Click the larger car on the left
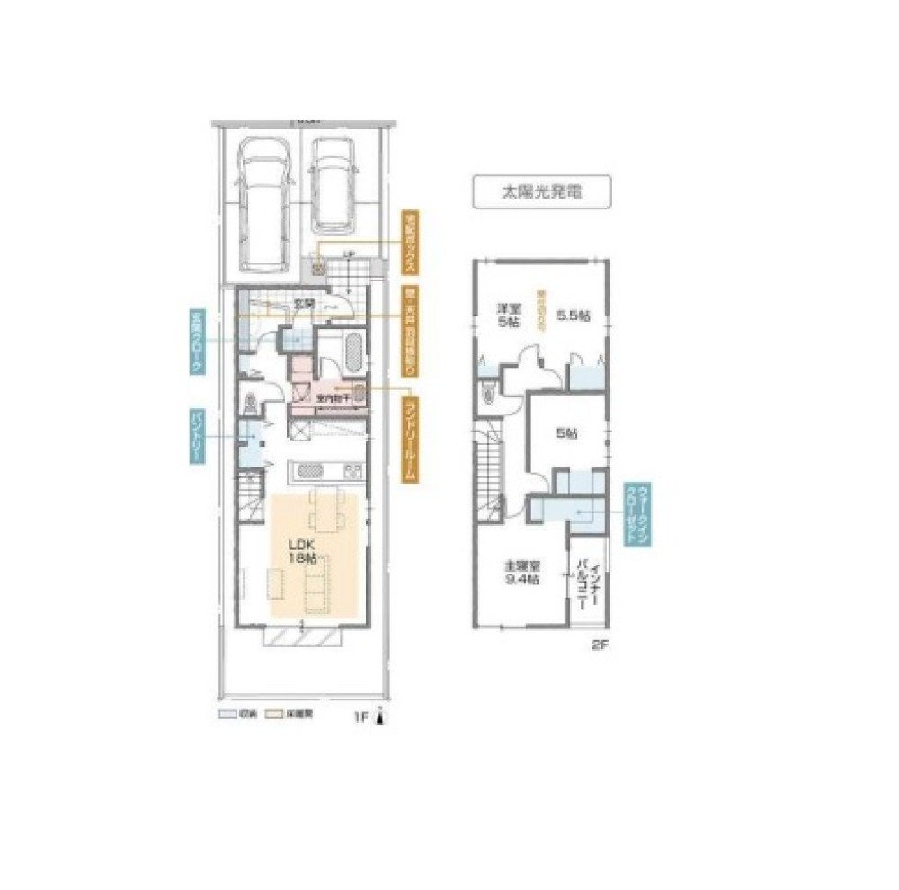[263, 204]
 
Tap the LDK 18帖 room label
[302, 551]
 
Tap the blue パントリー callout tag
[195, 438]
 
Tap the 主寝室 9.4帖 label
[521, 573]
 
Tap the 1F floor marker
[360, 716]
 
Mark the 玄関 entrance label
[304, 304]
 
